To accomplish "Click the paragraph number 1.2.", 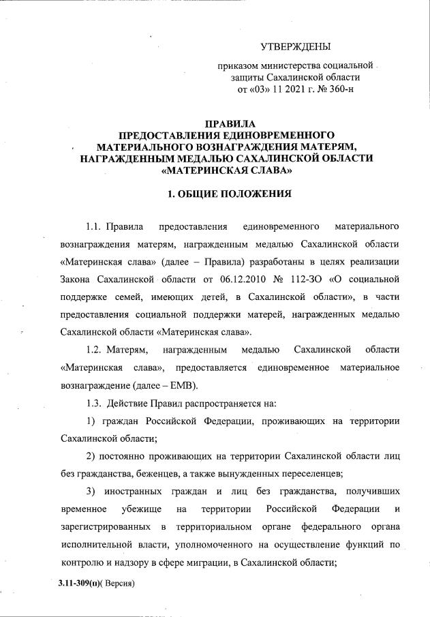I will click(x=93, y=350).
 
